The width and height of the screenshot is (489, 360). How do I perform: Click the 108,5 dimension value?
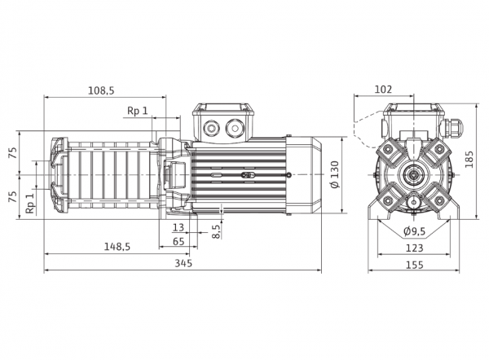click(x=101, y=90)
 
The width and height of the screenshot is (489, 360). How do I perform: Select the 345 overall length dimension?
click(x=183, y=263)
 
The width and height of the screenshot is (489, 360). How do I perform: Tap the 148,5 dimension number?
click(x=117, y=247)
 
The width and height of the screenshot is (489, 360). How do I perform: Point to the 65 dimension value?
click(x=178, y=241)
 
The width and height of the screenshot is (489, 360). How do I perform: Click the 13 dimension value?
click(x=178, y=227)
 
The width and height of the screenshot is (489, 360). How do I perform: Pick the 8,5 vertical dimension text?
click(x=216, y=231)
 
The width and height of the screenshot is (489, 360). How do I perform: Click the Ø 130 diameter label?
click(x=335, y=175)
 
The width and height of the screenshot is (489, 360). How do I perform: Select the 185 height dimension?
click(x=469, y=160)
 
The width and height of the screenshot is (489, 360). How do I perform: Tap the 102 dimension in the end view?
click(x=383, y=90)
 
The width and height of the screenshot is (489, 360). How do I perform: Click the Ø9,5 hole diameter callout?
click(x=415, y=231)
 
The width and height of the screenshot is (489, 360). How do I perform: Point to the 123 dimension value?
click(x=415, y=248)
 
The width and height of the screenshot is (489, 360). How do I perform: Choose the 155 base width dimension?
click(x=415, y=265)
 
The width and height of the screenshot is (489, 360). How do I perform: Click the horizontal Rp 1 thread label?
click(x=138, y=110)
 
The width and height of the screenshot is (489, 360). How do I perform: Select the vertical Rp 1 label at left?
click(x=29, y=204)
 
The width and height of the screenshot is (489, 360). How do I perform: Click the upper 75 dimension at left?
click(x=12, y=153)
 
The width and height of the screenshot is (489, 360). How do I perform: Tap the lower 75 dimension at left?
click(x=12, y=196)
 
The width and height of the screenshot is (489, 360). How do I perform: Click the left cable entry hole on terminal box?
click(x=211, y=128)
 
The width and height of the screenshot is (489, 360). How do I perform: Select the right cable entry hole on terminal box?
click(x=234, y=128)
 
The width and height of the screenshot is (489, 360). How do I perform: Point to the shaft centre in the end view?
click(x=414, y=174)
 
